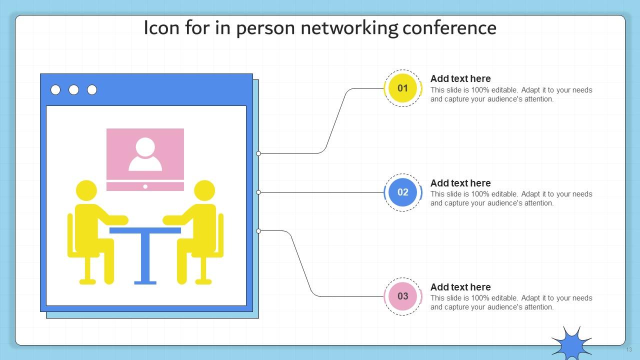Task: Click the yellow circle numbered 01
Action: pos(402,88)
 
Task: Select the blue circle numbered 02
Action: pos(402,192)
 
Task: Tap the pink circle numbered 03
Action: pos(402,296)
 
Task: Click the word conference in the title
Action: pos(449,28)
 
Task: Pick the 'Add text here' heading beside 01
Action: pos(460,78)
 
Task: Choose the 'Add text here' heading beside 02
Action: pos(460,183)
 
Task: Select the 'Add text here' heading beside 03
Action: pos(460,287)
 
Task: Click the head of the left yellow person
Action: pos(86,191)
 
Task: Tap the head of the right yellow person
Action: pos(204,191)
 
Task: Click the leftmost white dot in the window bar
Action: pos(55,89)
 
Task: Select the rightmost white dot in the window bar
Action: pos(92,89)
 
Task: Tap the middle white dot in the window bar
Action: pos(73,89)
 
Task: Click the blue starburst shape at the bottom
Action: pos(571,343)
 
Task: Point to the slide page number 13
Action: pos(629,349)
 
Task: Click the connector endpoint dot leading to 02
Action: pos(258,192)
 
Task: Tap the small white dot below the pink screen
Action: pos(145,186)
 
